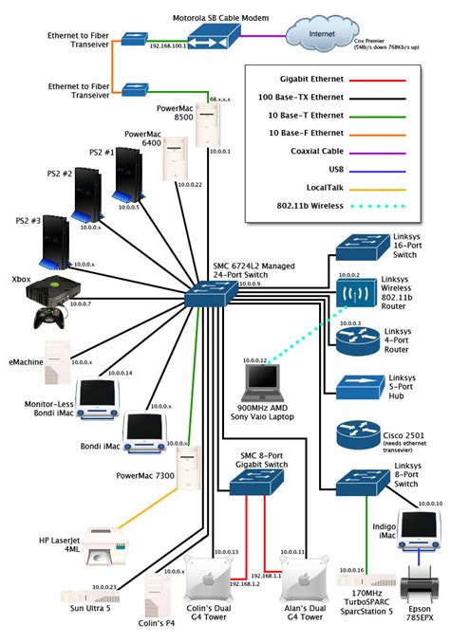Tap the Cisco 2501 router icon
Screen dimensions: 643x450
(x=357, y=437)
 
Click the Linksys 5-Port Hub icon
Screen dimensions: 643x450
(x=357, y=386)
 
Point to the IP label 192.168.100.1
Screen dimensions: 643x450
(x=167, y=45)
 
